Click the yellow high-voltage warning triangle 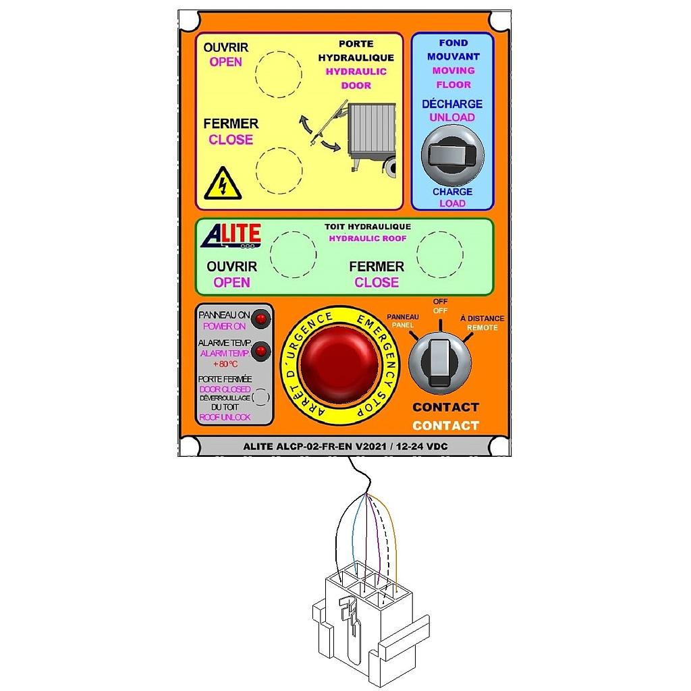(x=223, y=183)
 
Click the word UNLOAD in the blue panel (x=452, y=117)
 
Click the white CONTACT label (x=445, y=426)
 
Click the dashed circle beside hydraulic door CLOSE (x=279, y=167)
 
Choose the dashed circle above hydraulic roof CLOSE (x=440, y=253)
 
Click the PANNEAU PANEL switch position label (x=403, y=321)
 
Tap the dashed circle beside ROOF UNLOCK (x=260, y=397)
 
